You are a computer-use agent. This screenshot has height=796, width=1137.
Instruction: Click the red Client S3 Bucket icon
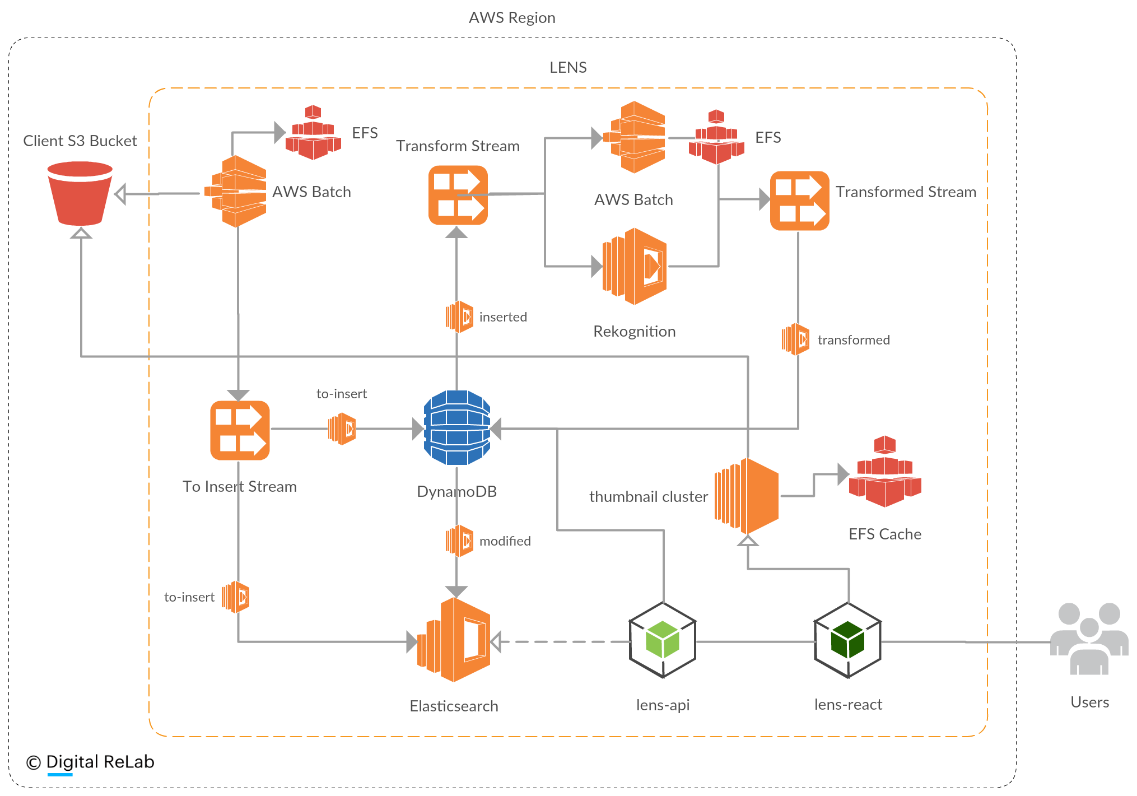pos(80,193)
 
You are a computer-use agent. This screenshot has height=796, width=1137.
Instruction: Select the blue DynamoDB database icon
pos(457,428)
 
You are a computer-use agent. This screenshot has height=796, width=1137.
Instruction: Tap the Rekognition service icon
pos(635,266)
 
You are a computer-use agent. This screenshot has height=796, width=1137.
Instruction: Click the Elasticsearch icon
pos(454,640)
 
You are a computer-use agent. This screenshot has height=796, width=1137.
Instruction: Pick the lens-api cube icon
pos(663,640)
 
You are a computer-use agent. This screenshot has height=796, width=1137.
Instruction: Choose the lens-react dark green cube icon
pos(847,640)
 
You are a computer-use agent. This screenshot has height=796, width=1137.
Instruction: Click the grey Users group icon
pos(1089,639)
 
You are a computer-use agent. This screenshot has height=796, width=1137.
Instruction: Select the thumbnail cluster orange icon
pos(747,496)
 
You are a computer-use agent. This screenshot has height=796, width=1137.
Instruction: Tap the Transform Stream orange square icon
pos(458,195)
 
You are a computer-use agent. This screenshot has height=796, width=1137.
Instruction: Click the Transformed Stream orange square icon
pos(799,201)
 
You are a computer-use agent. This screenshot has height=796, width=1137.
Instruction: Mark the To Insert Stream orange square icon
pos(240,430)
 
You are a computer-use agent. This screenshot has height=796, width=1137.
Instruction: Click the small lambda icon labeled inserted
pos(459,317)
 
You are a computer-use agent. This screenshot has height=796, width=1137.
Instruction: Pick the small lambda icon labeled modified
pos(459,541)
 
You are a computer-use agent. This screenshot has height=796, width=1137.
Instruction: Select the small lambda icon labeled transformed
pos(795,339)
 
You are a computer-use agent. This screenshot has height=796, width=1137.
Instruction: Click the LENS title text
pos(568,68)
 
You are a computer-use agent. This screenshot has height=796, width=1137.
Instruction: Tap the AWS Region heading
pos(512,18)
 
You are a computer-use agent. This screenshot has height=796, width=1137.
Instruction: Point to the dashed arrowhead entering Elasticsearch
pos(496,642)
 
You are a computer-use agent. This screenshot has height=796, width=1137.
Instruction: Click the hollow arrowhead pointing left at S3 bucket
pos(120,194)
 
